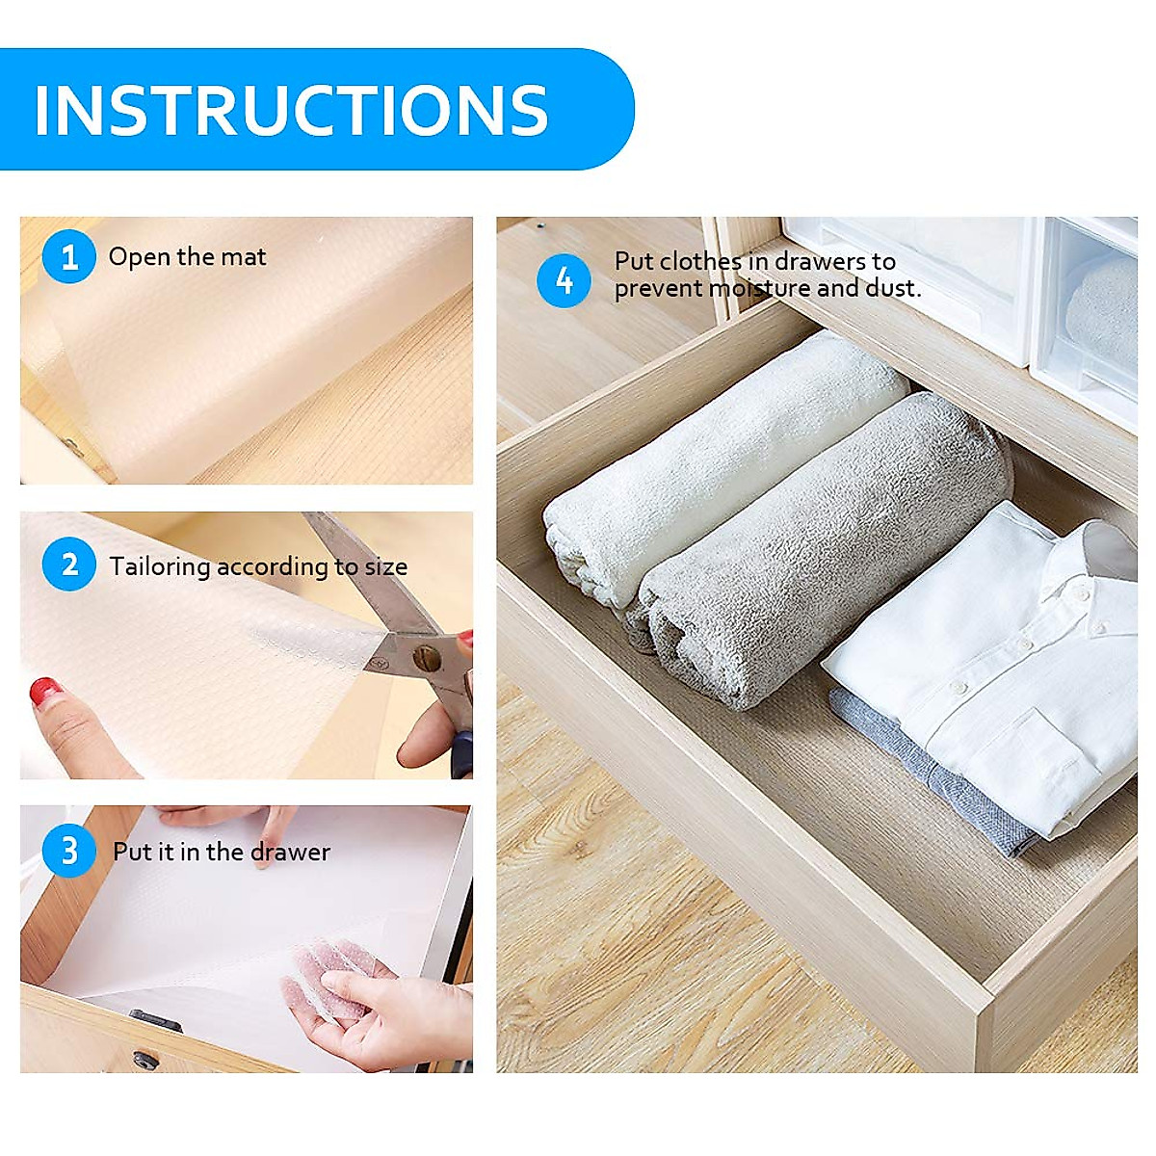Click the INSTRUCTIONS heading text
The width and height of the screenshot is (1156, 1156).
291,110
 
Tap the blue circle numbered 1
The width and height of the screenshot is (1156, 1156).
69,257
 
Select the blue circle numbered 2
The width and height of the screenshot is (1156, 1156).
69,565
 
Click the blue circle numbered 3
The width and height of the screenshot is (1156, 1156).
69,852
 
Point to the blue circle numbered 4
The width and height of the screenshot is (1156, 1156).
564,280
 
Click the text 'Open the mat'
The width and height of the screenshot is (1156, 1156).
187,257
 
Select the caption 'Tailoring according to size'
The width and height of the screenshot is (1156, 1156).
257,566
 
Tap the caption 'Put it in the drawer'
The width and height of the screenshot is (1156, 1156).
221,853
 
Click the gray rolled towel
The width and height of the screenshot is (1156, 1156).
819,549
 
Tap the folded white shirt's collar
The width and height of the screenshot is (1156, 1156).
1098,559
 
